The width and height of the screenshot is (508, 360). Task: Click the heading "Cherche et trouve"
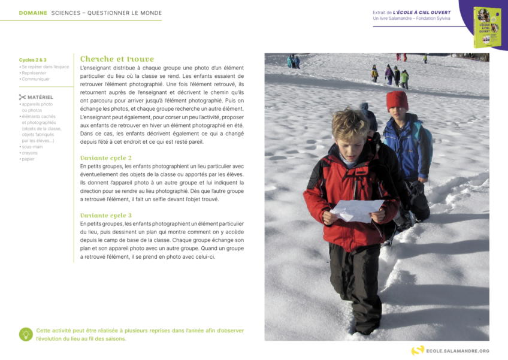coord(117,59)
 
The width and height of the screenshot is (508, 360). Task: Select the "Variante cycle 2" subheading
coord(106,158)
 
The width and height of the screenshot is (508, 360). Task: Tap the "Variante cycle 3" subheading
coord(106,215)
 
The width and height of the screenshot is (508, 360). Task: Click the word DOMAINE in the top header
coord(33,13)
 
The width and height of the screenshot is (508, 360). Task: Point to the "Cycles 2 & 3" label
coord(32,60)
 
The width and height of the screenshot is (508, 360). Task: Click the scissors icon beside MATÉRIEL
coord(22,97)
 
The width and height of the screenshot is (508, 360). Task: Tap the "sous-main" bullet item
coord(32,146)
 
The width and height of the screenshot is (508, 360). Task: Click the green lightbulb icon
coord(26,334)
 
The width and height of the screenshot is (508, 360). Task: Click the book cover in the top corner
coord(487,27)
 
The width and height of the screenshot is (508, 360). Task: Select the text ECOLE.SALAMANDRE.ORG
coord(458,351)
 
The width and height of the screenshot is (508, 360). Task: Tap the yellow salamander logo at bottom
coord(418,350)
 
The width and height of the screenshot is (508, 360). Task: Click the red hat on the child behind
coord(397,100)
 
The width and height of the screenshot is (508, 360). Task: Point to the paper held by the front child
coord(358,210)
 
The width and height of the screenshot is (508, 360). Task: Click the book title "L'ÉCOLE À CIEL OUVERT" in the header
coord(422,12)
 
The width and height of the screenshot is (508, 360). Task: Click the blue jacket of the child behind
coord(407,147)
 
